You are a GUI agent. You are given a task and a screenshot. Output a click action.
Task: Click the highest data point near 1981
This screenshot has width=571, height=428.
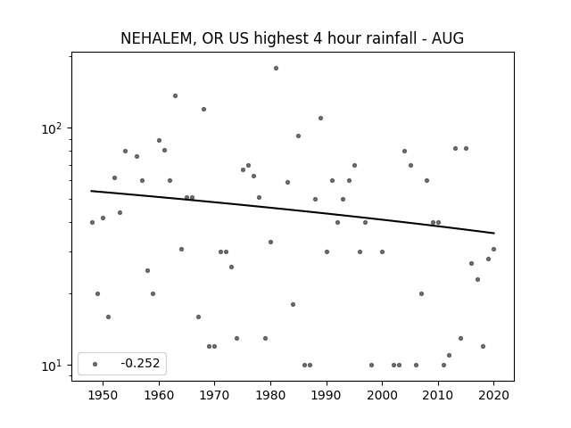tap(276, 68)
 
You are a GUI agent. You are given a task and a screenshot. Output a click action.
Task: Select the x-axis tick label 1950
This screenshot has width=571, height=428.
tap(103, 395)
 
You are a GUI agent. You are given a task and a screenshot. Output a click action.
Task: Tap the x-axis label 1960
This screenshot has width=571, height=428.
tap(159, 395)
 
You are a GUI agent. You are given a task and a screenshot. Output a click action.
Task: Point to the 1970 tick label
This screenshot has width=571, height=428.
tap(215, 395)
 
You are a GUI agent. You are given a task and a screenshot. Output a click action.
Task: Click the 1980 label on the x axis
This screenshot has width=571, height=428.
tap(270, 395)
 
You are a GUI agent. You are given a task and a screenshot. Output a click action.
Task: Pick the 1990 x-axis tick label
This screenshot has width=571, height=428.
tap(327, 395)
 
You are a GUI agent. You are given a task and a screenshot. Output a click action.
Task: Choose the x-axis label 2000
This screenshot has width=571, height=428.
tap(383, 395)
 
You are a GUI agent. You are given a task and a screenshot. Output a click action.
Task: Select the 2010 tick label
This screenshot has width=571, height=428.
tap(438, 395)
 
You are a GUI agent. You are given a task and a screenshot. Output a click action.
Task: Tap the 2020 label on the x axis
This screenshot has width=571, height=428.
tap(493, 395)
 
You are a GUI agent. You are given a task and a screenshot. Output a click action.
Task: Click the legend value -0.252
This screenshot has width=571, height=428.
tap(140, 363)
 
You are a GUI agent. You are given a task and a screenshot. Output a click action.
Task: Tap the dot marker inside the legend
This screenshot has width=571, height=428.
tap(95, 364)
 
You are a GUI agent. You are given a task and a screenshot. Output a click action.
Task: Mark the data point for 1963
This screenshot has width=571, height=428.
tap(175, 95)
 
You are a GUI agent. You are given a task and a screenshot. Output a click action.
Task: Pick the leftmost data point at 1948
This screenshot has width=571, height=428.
tap(92, 222)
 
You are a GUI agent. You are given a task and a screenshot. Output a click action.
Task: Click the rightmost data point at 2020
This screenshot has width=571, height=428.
tap(493, 249)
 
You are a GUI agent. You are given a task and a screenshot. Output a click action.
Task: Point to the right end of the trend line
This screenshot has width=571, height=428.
tap(494, 233)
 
